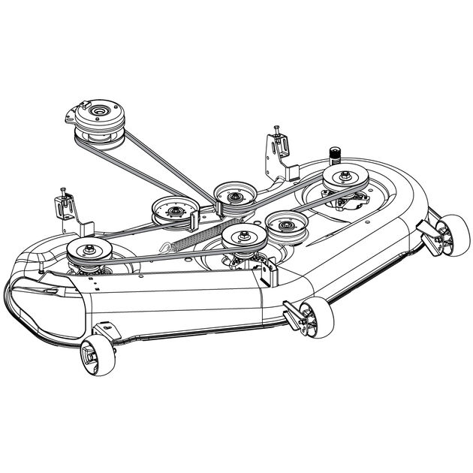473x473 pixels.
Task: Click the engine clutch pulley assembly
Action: click(98, 121)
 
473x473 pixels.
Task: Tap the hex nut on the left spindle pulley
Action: click(89, 247)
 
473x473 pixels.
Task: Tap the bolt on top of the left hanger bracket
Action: click(62, 191)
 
